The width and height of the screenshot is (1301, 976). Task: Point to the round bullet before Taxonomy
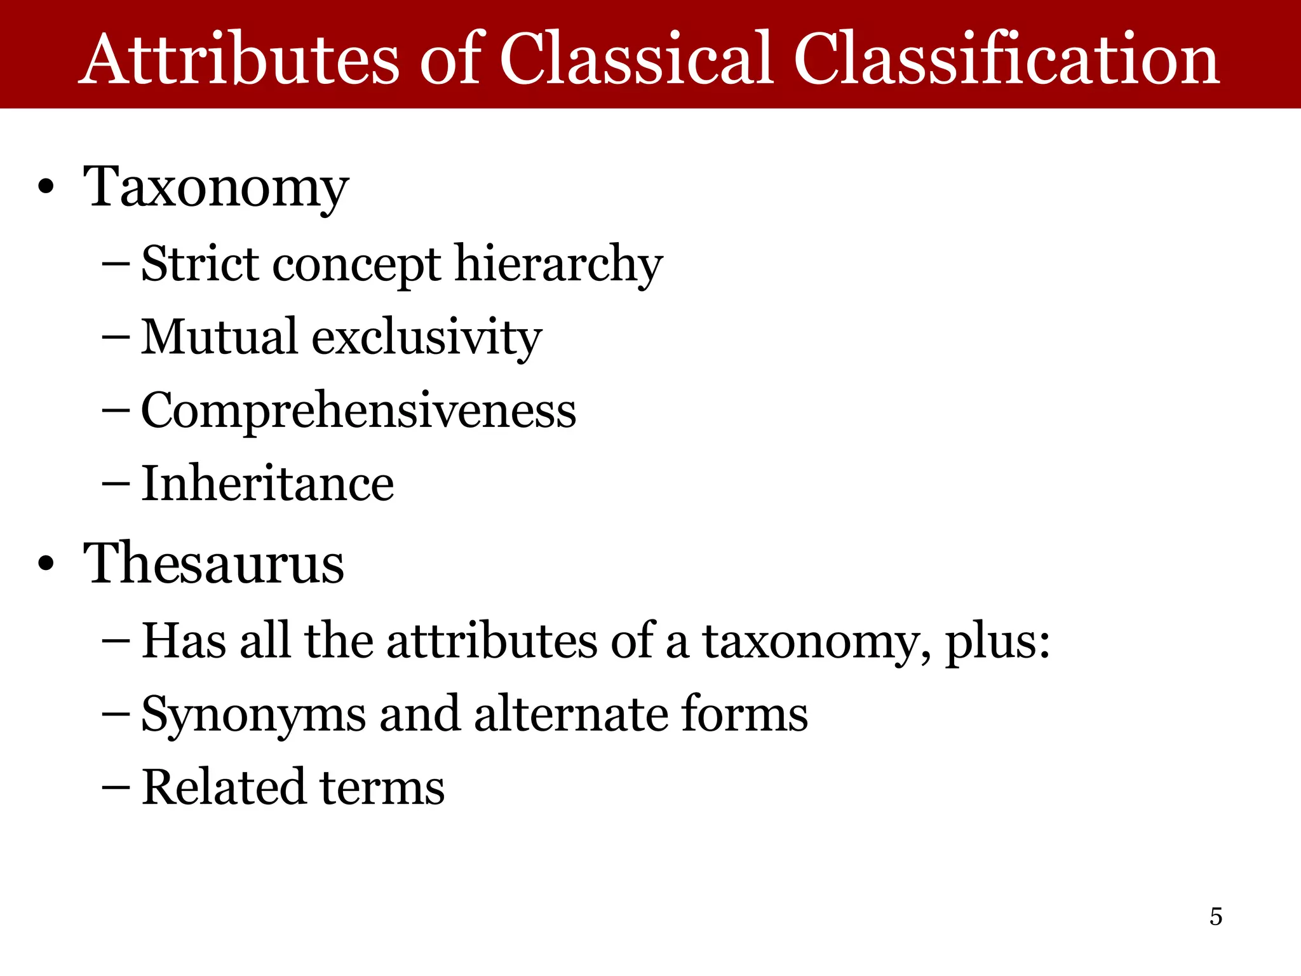tap(46, 188)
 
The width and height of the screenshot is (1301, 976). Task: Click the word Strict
tap(199, 263)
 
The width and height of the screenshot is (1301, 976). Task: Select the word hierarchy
tap(559, 264)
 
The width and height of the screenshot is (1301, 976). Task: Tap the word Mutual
tap(219, 336)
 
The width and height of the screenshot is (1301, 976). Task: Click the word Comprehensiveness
tap(358, 410)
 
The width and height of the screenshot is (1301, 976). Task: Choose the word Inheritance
tap(267, 484)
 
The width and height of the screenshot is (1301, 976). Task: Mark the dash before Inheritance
tap(116, 485)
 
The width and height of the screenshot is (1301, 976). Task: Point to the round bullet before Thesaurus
tap(46, 564)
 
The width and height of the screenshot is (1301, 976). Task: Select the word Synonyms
tap(253, 715)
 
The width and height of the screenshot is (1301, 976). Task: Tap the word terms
tap(382, 788)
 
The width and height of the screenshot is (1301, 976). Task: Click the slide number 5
tap(1216, 916)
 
